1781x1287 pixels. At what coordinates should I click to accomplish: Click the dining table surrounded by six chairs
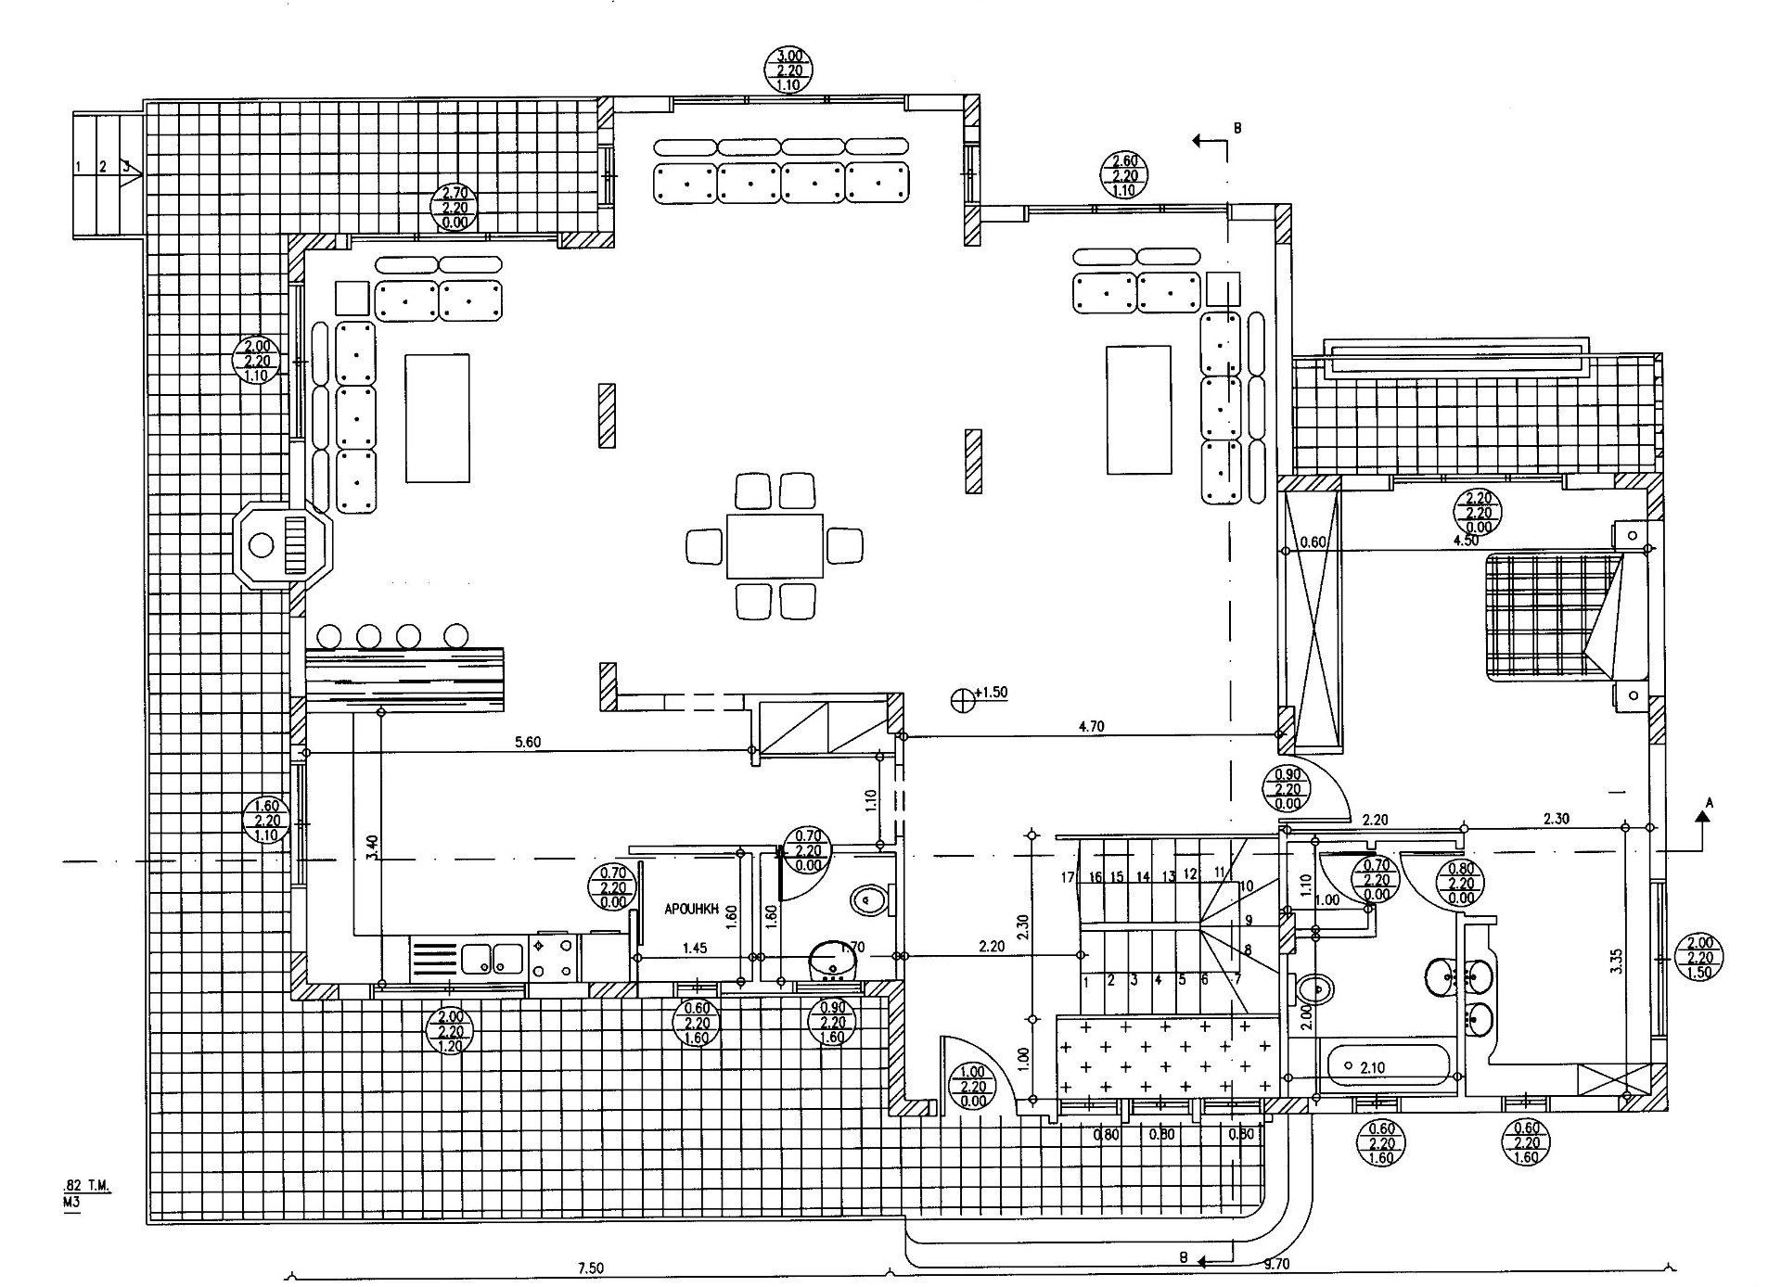tap(775, 545)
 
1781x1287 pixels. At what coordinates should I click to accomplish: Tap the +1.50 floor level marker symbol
tap(965, 698)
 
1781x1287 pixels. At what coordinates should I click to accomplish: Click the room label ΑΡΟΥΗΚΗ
tap(692, 910)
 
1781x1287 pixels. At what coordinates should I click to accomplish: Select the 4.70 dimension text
tap(1092, 727)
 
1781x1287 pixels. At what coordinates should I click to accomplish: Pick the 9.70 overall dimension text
tap(1276, 1263)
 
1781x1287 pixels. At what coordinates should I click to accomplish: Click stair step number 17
tap(1069, 877)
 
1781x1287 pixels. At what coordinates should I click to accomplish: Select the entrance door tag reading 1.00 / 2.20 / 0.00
tap(973, 1087)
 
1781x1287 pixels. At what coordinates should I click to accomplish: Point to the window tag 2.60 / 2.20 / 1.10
tap(1123, 176)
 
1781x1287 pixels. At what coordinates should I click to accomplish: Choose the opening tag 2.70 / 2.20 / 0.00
tap(455, 208)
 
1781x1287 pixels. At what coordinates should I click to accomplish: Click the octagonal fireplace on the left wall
tap(281, 544)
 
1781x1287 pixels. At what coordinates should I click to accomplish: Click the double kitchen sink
tap(493, 958)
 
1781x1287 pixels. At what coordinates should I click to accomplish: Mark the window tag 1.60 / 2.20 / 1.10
tap(266, 821)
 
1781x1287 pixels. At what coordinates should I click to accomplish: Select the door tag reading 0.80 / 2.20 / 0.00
tap(1461, 884)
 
